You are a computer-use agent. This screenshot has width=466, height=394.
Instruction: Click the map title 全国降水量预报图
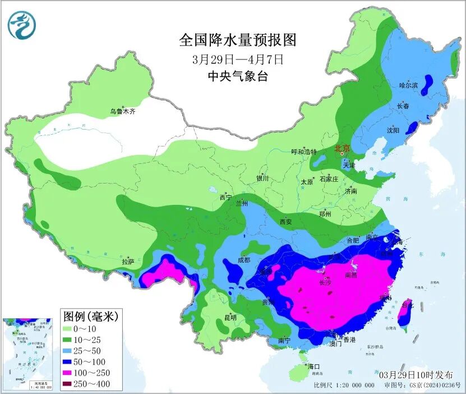click(237, 40)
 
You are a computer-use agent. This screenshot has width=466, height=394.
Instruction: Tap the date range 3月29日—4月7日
click(237, 58)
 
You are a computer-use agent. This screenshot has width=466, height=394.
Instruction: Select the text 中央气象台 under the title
click(237, 76)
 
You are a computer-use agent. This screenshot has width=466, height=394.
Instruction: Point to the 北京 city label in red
click(342, 149)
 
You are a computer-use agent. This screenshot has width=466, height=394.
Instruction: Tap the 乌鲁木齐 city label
click(122, 112)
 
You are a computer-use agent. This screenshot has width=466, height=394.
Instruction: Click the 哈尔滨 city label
click(408, 85)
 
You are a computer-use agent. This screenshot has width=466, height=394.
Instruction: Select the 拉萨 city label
click(128, 262)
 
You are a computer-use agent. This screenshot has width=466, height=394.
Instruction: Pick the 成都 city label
click(243, 260)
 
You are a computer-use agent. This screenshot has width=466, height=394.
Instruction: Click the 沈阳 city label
click(393, 130)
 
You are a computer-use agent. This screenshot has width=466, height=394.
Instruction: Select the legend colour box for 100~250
click(70, 373)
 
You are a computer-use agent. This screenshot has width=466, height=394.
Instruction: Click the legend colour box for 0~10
click(70, 328)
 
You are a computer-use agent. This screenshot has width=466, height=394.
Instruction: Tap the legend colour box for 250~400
click(70, 384)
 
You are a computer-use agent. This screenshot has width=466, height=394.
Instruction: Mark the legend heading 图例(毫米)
click(90, 316)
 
